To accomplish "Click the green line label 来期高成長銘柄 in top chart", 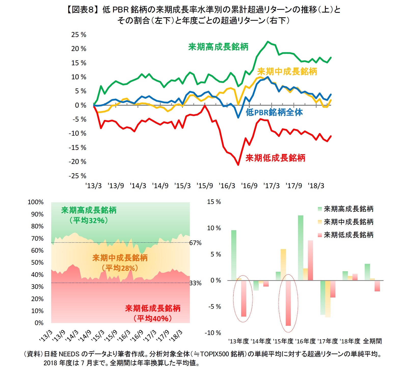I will click(x=218, y=47).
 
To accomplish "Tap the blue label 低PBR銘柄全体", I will click(x=274, y=112).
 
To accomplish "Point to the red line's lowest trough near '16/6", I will click(x=238, y=165).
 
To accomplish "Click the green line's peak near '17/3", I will click(x=268, y=42).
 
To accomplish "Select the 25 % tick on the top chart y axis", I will click(x=78, y=35).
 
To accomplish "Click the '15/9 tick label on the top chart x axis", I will click(x=205, y=186).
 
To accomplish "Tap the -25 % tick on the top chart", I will click(x=77, y=176).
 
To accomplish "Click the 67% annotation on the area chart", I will click(x=195, y=243).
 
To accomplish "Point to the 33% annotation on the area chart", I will click(x=195, y=283).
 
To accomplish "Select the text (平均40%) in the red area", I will click(x=153, y=318).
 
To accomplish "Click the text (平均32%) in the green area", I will click(x=89, y=220).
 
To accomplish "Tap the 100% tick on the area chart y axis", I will click(x=36, y=202).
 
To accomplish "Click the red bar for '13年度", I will click(x=244, y=298).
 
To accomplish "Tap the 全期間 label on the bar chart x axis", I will click(x=372, y=341).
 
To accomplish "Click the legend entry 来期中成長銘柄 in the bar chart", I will click(x=348, y=222).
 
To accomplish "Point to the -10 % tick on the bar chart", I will click(x=213, y=333).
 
